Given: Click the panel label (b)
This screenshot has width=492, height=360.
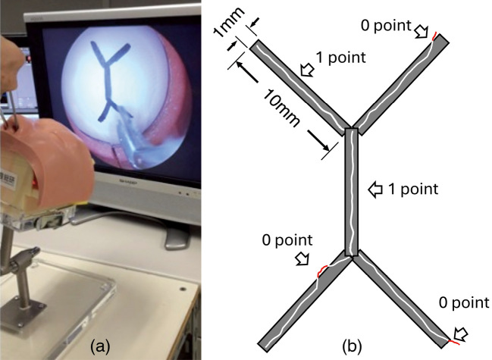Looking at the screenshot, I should point(352,346).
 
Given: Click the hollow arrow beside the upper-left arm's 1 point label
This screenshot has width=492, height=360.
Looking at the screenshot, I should point(307,70).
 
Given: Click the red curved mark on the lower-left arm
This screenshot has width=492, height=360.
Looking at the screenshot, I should point(323,270).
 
